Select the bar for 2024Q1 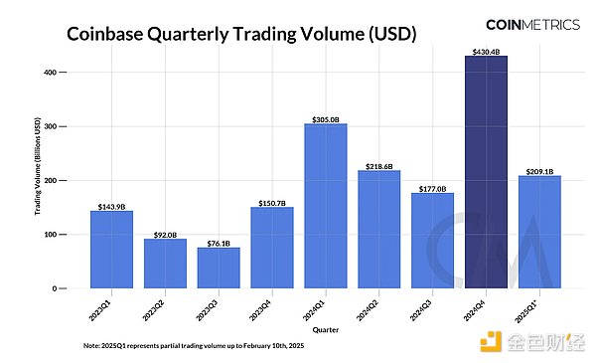pos(325,206)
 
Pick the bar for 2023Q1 pos(111,250)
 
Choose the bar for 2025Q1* pos(539,232)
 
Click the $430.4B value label pos(486,51)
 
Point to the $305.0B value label pos(325,118)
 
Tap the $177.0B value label pos(432,187)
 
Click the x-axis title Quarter pos(325,326)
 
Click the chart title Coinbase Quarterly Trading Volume pos(240,35)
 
